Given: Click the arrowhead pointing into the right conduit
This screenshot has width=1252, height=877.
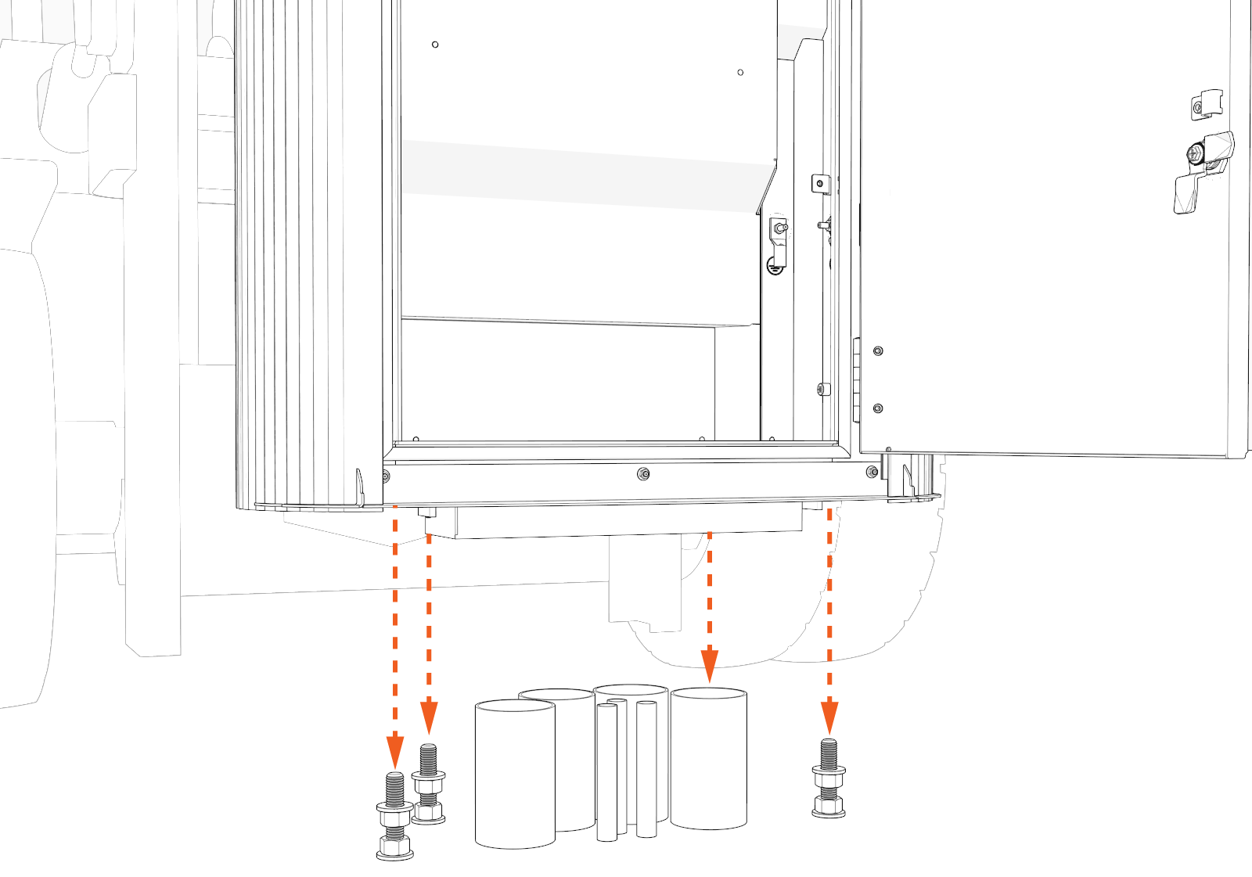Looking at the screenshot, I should [x=709, y=666].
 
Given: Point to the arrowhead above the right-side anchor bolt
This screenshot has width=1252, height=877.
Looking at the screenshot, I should [x=829, y=717].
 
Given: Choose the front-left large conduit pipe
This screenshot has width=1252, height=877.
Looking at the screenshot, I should [x=514, y=775].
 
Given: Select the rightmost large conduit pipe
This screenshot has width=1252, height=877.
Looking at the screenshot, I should [x=708, y=757].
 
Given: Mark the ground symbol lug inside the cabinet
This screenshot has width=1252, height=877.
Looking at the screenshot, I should [x=777, y=248].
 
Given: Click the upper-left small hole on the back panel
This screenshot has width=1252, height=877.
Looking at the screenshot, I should [x=435, y=45].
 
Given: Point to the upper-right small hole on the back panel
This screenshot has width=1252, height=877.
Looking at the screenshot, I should [x=740, y=73].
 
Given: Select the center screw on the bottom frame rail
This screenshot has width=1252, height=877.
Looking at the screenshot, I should [x=643, y=473].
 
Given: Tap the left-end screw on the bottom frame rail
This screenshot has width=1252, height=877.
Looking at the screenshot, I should [x=385, y=475].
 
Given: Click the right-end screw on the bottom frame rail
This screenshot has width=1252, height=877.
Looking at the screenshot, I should [x=872, y=472].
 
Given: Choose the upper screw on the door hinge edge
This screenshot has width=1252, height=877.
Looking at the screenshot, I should [x=878, y=351].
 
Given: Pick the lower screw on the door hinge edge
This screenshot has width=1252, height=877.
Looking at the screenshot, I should [x=878, y=408].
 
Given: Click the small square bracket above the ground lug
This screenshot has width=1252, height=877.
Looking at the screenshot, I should [x=819, y=184].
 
